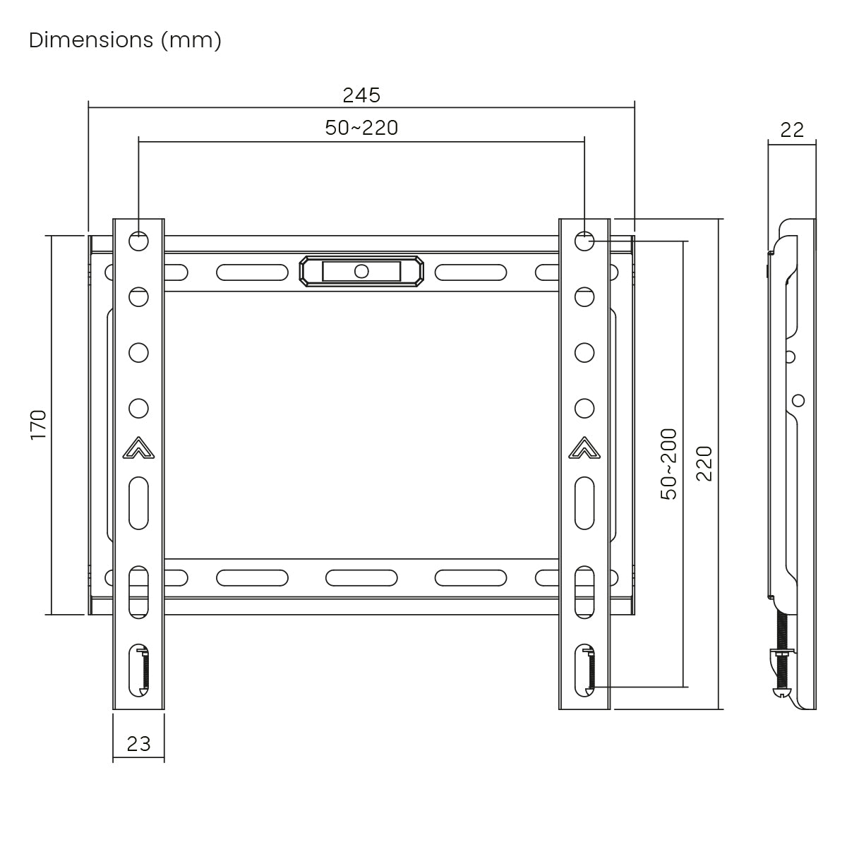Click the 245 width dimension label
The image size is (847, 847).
click(361, 95)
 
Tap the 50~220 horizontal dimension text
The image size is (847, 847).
click(361, 128)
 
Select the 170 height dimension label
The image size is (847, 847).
click(39, 425)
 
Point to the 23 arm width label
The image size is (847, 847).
click(138, 744)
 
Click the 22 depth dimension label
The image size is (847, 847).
click(792, 130)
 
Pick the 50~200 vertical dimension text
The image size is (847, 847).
click(668, 464)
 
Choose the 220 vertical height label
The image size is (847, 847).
click(704, 464)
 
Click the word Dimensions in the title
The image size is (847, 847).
click(91, 40)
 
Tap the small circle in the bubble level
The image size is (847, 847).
click(361, 271)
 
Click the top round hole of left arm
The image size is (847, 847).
click(138, 241)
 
